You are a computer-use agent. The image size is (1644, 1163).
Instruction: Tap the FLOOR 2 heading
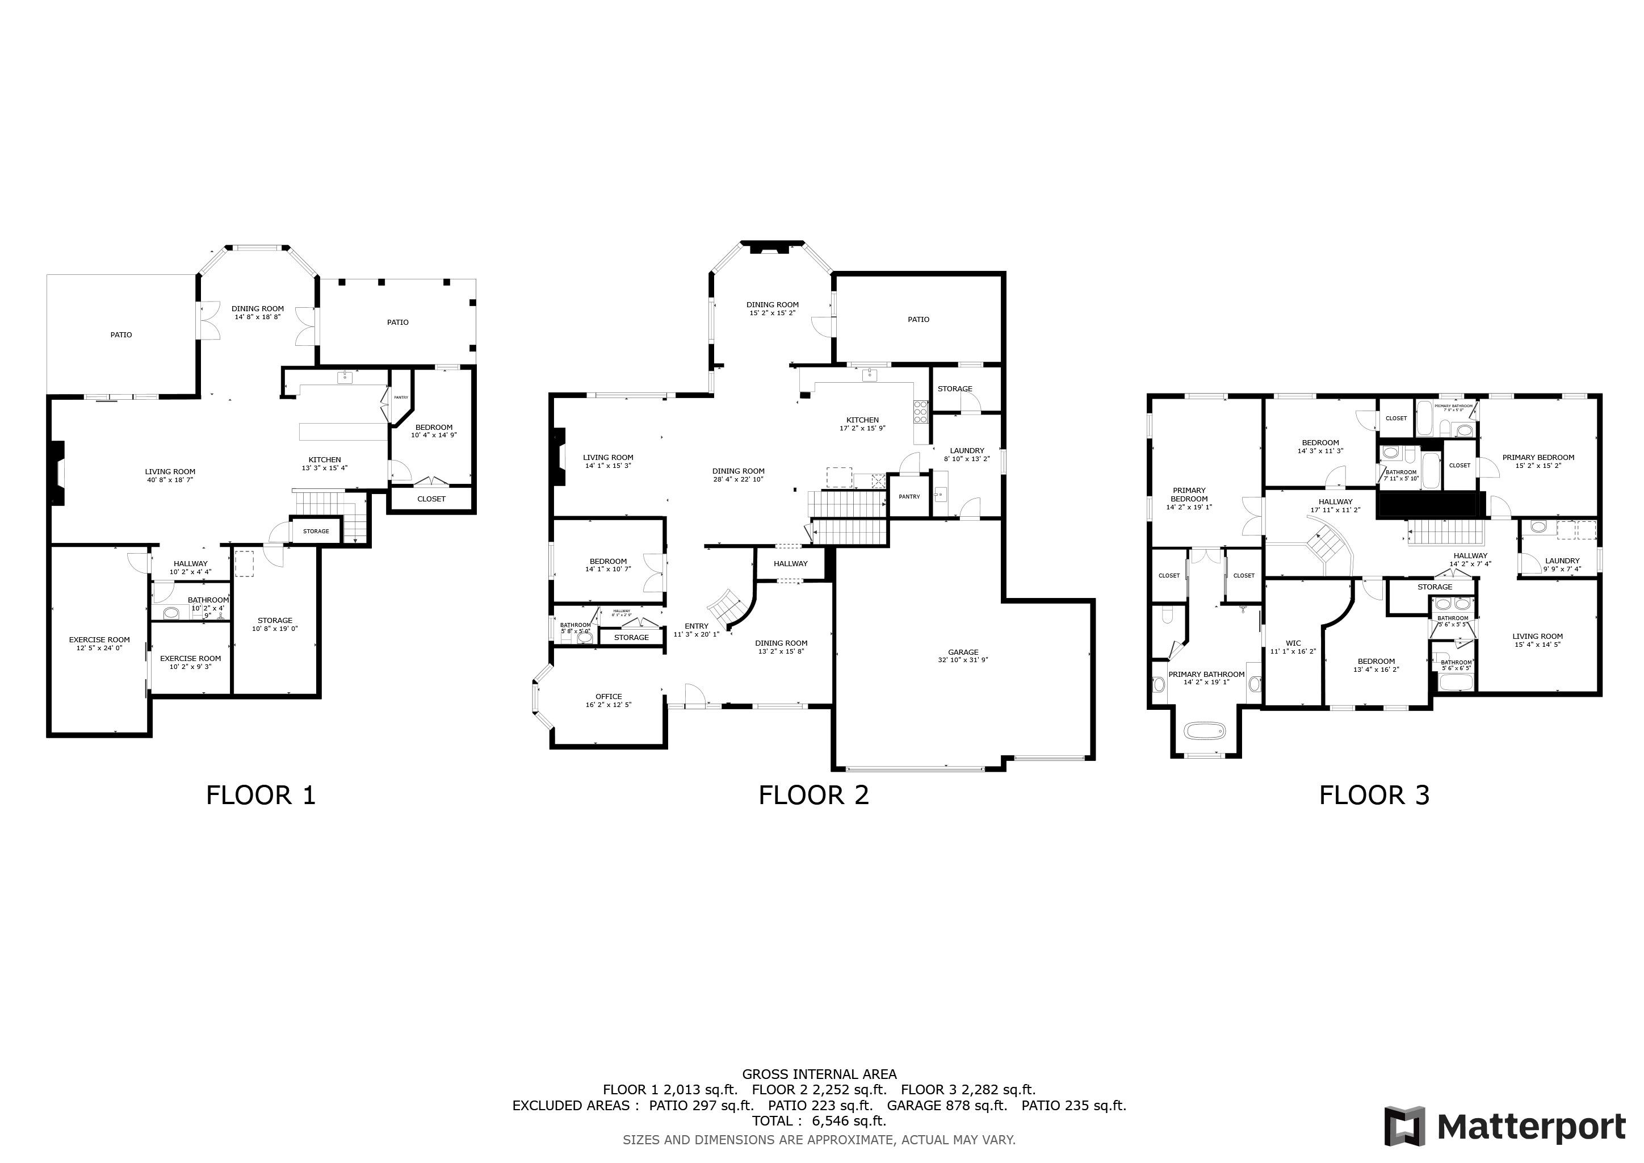[x=813, y=795]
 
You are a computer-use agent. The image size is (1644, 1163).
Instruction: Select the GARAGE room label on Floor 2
[x=963, y=652]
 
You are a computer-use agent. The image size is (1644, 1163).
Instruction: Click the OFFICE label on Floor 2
[x=609, y=697]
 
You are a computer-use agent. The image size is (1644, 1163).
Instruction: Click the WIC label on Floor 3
[x=1293, y=643]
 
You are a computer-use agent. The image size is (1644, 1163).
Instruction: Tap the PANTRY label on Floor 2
[x=909, y=496]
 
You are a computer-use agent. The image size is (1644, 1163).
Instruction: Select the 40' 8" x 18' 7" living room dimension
[x=170, y=480]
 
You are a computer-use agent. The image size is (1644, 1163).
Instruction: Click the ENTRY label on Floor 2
[x=696, y=626]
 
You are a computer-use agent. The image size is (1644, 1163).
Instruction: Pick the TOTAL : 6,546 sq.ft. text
[x=819, y=1121]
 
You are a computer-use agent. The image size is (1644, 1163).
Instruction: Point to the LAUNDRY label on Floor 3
[x=1562, y=560]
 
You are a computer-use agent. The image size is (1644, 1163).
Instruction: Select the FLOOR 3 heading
[x=1374, y=795]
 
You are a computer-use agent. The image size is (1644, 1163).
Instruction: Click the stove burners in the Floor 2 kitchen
[x=921, y=412]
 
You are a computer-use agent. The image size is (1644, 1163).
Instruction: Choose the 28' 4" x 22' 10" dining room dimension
[x=738, y=479]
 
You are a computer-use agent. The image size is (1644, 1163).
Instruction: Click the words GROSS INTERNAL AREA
[x=819, y=1074]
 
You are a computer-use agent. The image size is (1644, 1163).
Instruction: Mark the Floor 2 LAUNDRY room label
[x=967, y=451]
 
